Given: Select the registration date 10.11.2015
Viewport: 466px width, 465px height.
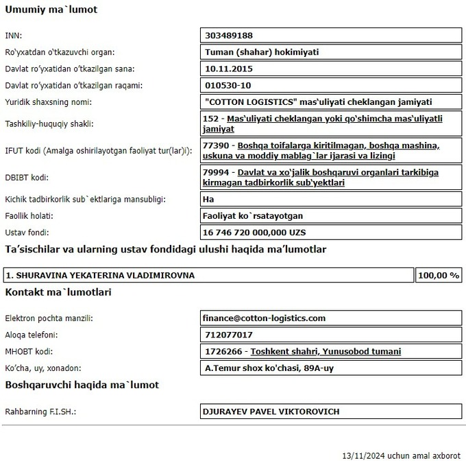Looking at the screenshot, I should pos(230,69).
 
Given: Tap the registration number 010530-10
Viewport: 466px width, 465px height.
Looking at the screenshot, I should pos(228,86).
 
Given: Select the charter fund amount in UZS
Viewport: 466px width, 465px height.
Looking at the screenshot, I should pos(255,232).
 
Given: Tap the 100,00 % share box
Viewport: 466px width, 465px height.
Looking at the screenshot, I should pos(439,275).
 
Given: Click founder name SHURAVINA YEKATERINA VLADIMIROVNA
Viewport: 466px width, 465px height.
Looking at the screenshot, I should pos(100,275).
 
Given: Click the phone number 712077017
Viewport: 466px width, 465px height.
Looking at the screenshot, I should pos(229,335).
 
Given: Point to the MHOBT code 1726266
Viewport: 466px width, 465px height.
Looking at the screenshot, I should pos(223,351).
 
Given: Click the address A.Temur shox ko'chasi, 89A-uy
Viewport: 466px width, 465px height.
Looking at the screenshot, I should pos(269,368).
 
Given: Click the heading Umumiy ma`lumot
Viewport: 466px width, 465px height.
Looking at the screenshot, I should pos(51,10).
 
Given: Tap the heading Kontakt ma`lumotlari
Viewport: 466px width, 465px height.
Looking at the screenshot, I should pos(58,292).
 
